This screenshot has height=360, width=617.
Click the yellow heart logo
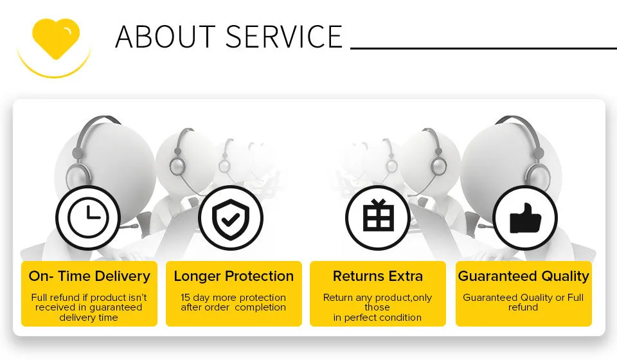pos(56,39)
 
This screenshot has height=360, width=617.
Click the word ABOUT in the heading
pos(165,37)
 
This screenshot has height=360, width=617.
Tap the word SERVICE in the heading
pos(284,37)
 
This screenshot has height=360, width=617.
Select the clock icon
pos(88,217)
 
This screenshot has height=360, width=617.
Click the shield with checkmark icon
pos(231,217)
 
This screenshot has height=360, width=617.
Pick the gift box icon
pos(378,217)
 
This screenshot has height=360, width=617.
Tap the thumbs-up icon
pos(525,217)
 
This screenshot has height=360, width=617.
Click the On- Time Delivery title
pos(89,276)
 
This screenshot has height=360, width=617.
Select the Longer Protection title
pos(234,276)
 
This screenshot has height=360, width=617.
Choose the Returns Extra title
pos(378,276)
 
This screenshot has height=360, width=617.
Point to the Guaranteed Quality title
pos(523,276)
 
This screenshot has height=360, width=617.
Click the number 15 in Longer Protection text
pos(185,298)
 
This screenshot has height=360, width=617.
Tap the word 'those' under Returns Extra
pos(377,307)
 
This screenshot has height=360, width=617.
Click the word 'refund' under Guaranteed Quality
pos(523,307)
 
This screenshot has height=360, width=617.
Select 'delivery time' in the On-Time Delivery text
pos(89,318)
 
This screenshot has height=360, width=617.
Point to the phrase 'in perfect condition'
pos(377,318)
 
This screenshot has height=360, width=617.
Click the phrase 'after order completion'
pos(233,307)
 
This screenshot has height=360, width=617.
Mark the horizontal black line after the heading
pos(483,48)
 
